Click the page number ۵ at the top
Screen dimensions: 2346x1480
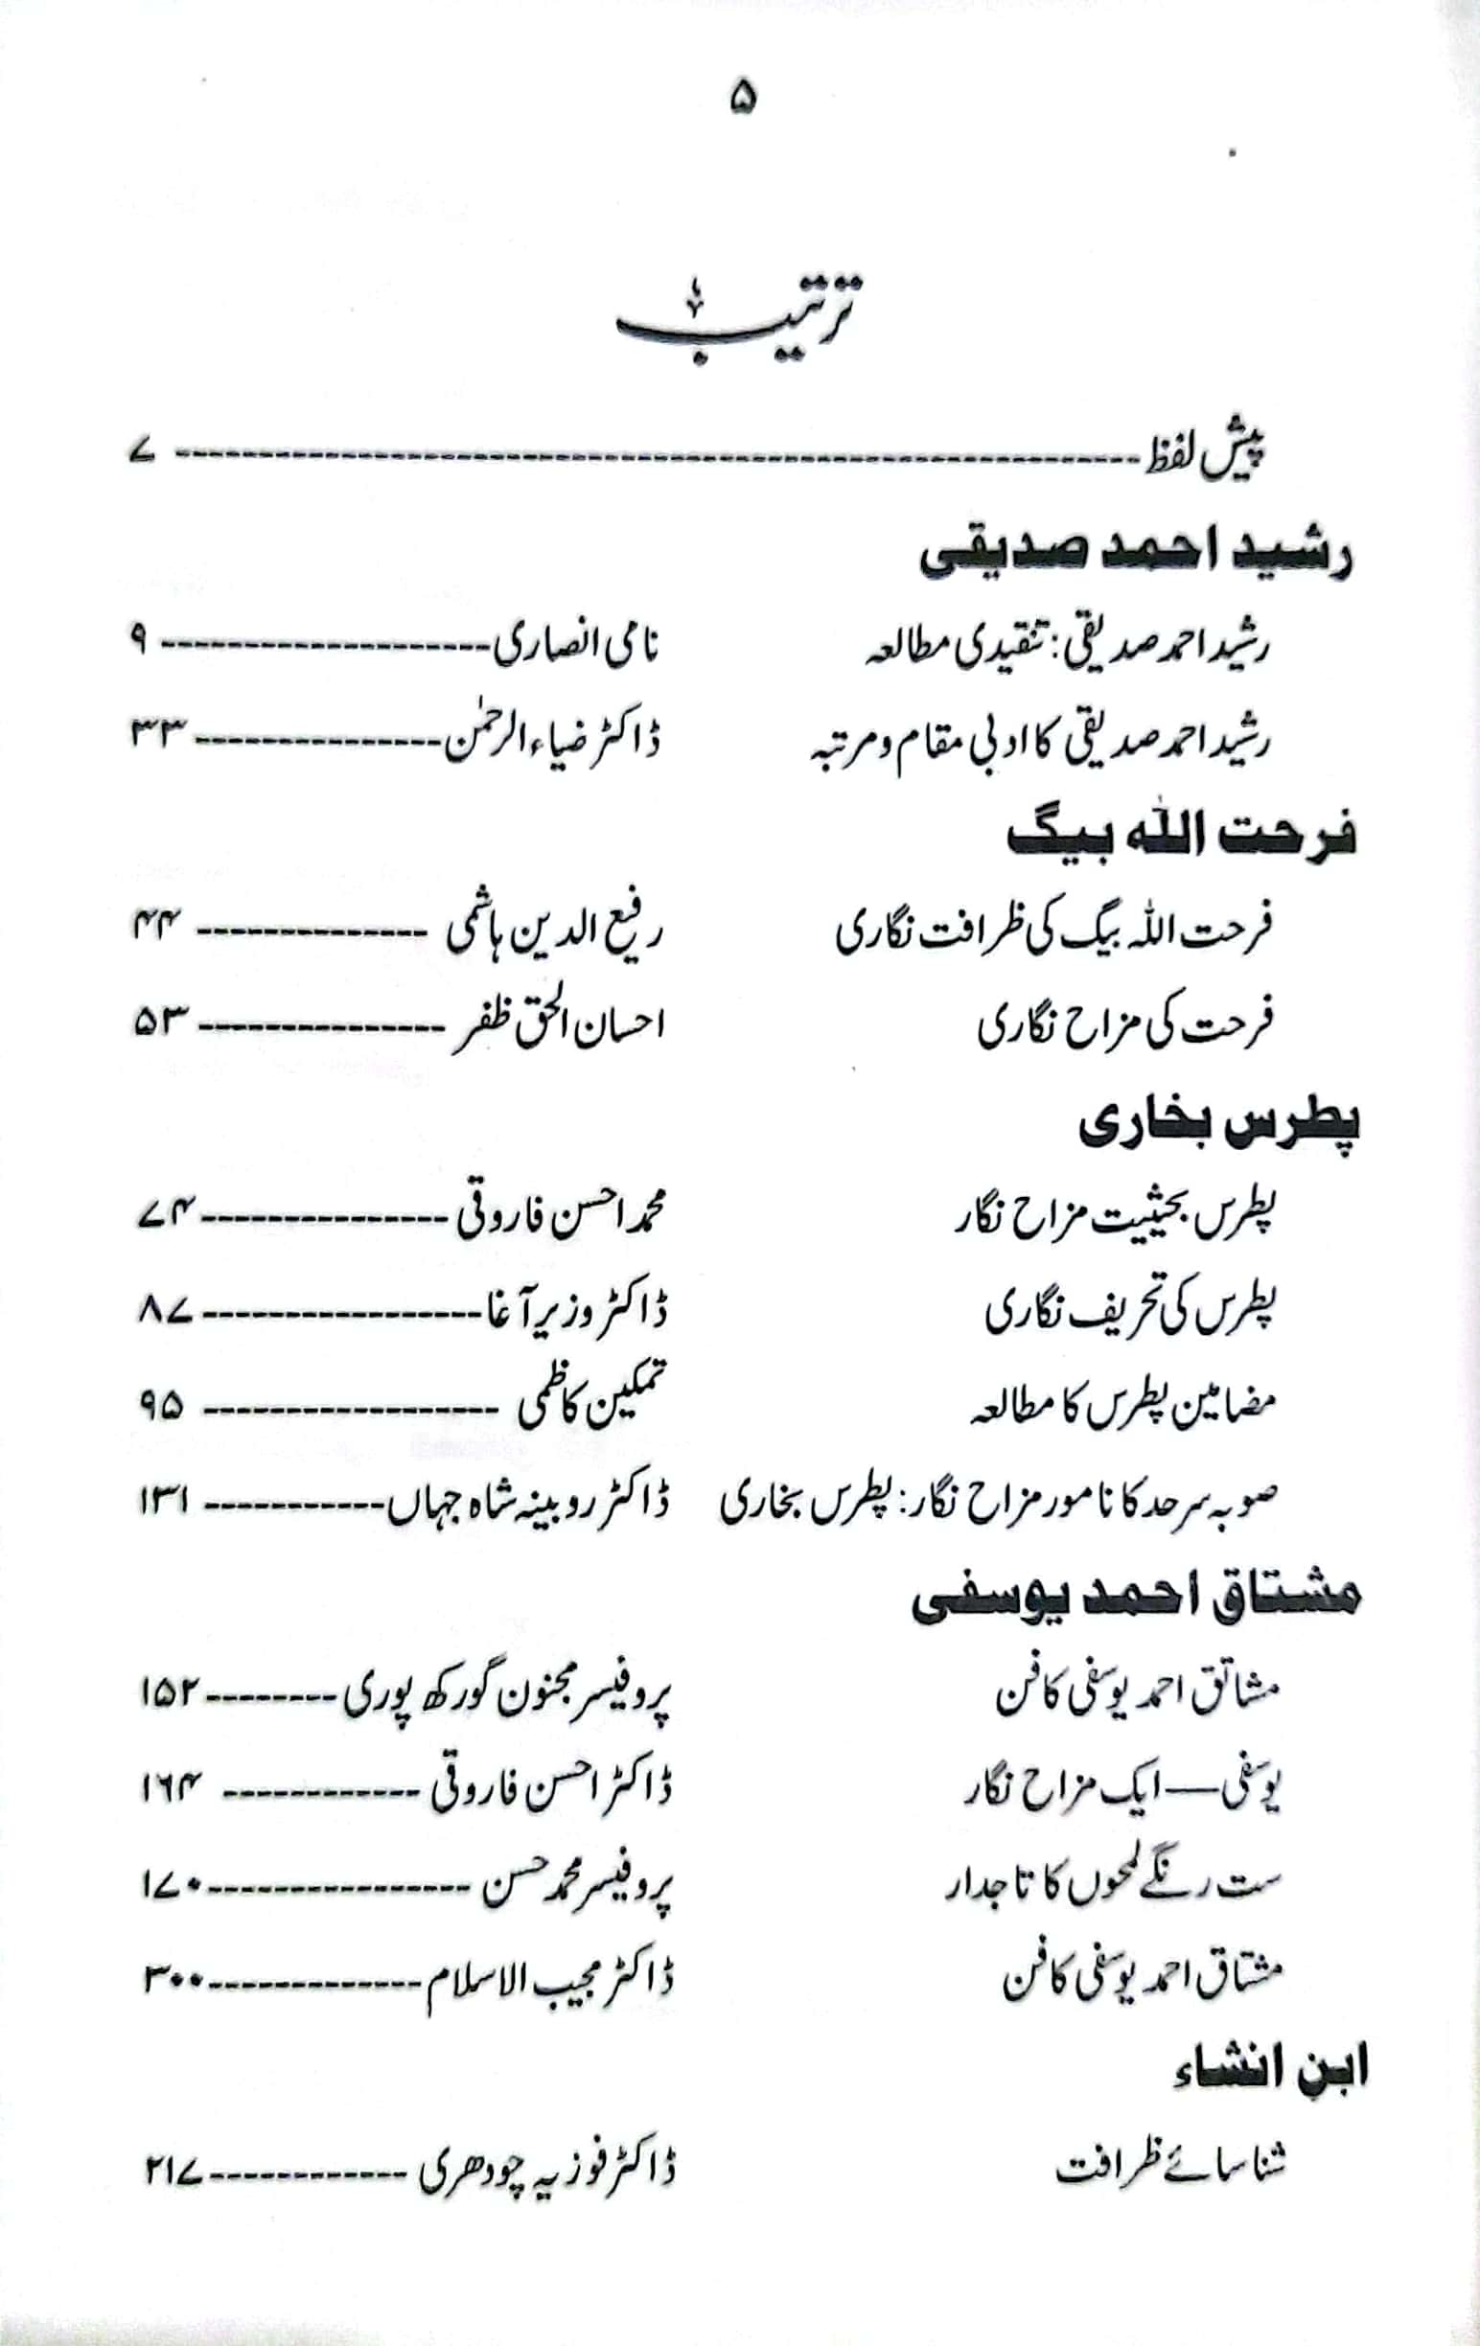742,100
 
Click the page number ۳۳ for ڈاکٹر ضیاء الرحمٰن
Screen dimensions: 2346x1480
158,732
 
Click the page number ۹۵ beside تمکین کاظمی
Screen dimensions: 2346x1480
161,1408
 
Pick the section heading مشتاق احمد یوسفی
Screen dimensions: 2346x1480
1134,1602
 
